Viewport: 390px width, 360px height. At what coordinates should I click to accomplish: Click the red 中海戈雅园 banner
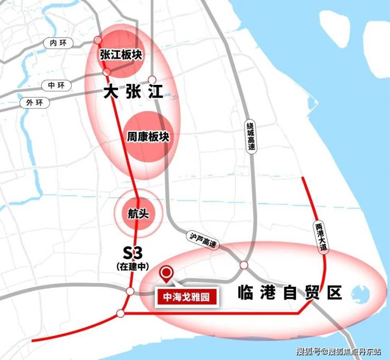coord(186,297)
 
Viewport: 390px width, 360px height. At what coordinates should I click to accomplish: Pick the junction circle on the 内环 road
coord(97,40)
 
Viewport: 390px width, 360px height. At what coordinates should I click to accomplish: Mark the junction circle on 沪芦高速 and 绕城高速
coord(243,265)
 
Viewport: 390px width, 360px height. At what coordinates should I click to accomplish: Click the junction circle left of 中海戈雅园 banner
coord(130,291)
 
